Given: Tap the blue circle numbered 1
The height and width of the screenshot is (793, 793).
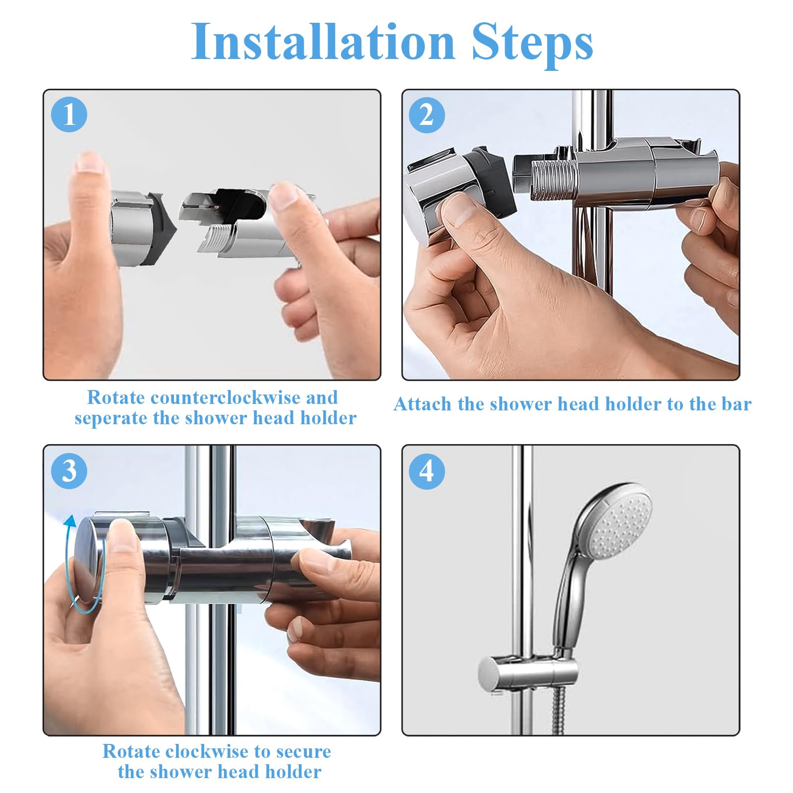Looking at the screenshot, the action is click(69, 114).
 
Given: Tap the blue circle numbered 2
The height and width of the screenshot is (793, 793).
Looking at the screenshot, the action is click(427, 115).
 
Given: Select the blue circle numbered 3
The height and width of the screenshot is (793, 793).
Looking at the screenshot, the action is click(69, 471).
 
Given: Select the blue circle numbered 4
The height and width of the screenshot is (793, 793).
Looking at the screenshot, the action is click(427, 471).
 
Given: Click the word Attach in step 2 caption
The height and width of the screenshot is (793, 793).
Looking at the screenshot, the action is click(423, 404).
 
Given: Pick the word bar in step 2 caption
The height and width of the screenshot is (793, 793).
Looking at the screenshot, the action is click(736, 404).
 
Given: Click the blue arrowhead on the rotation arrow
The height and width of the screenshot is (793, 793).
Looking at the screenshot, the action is click(70, 521).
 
